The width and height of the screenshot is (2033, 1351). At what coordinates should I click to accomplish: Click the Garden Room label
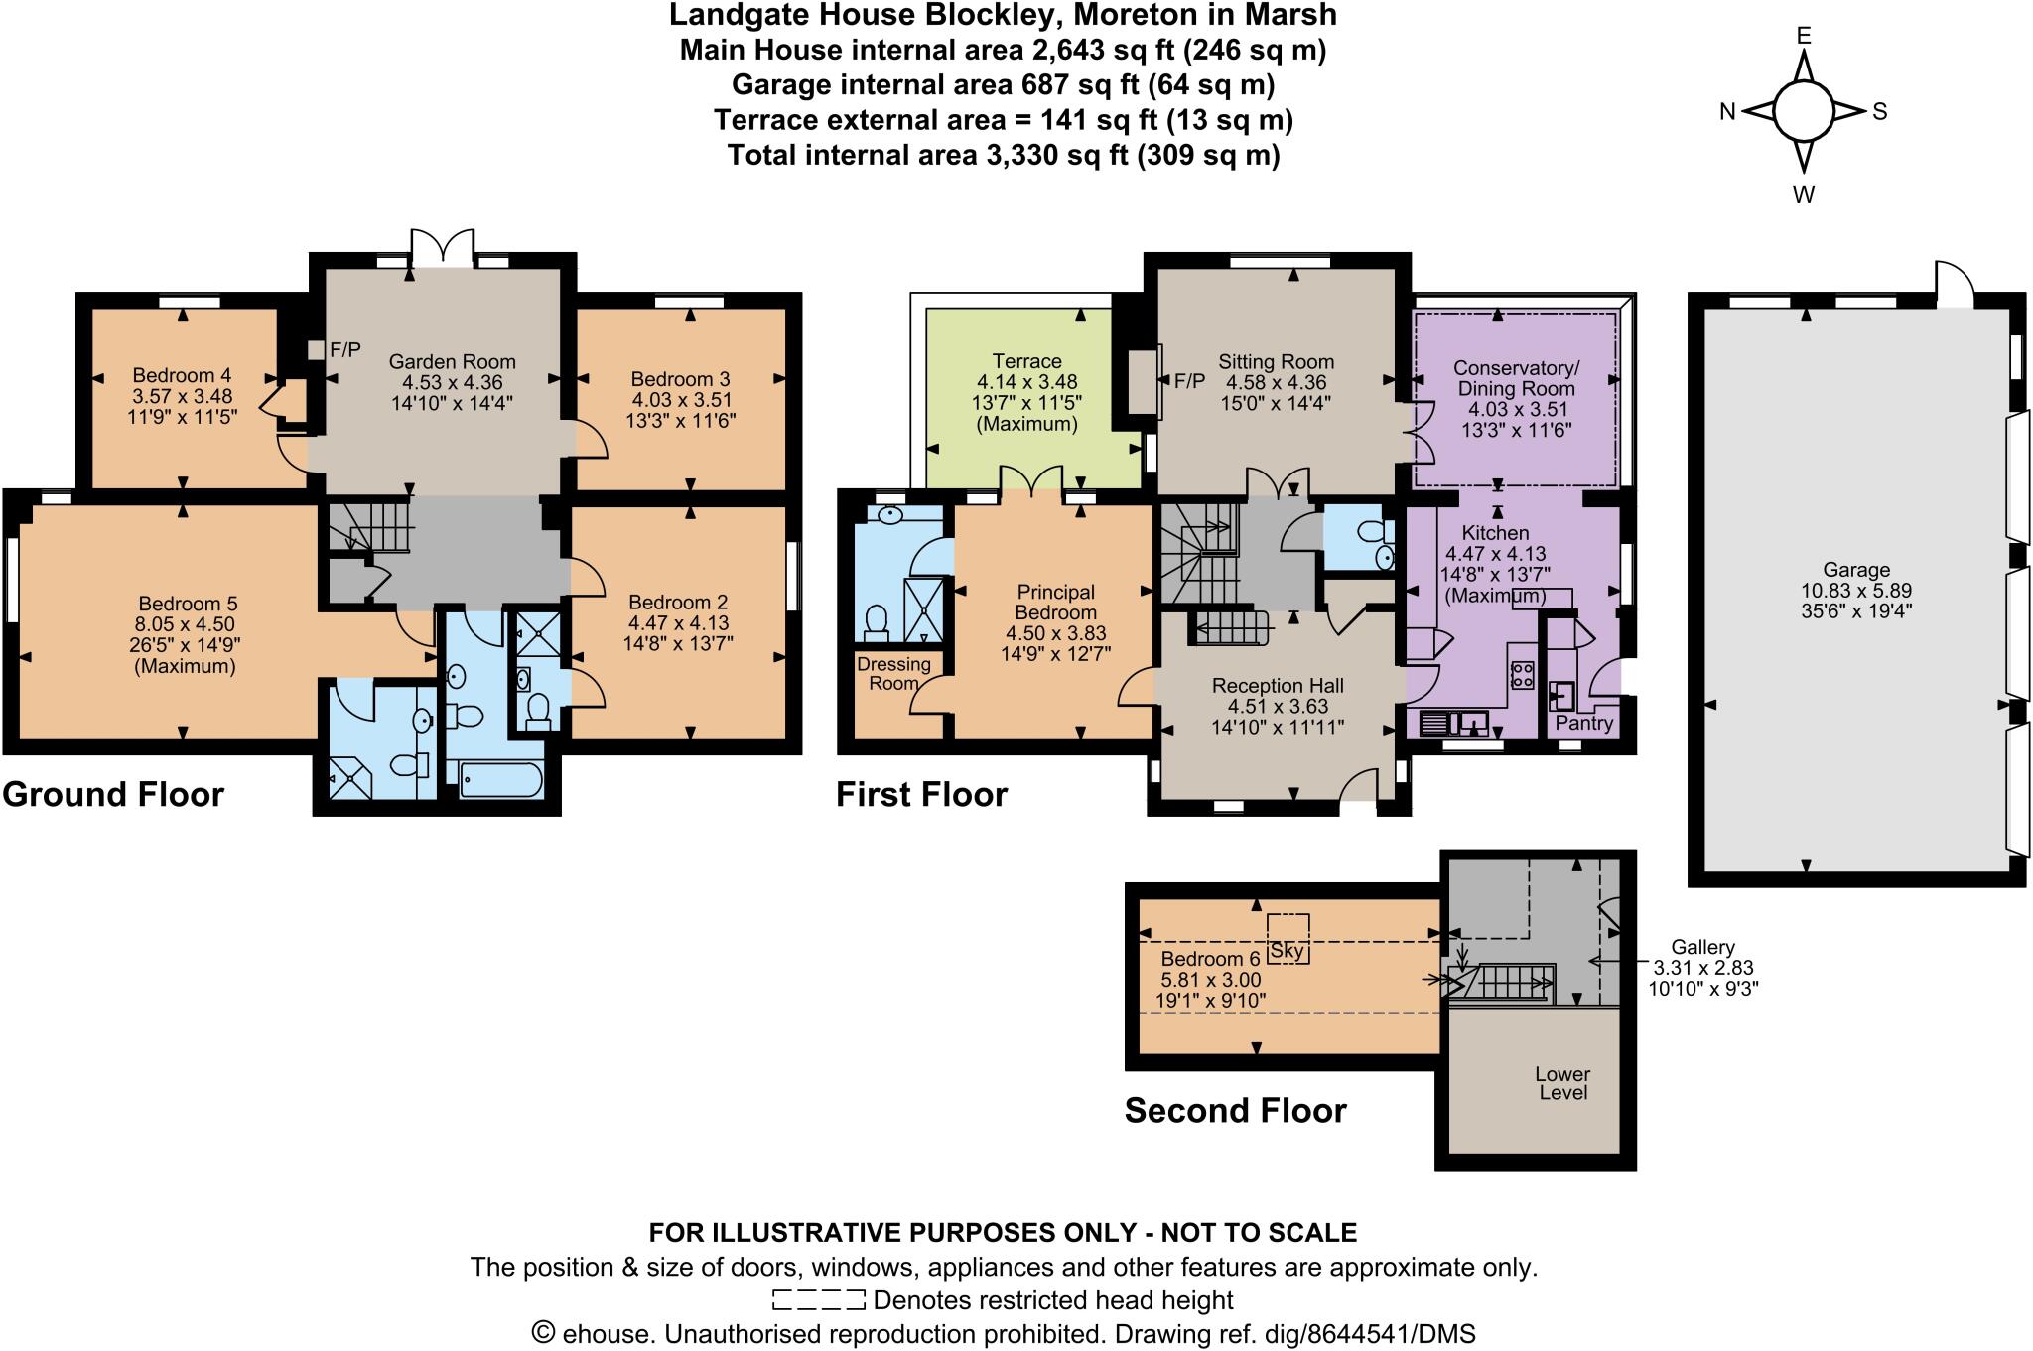(452, 362)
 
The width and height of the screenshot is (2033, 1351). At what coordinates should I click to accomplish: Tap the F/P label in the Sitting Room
(1189, 381)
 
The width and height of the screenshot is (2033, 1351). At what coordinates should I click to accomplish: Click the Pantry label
(1583, 723)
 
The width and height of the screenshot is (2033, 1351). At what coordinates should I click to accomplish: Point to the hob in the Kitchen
(1522, 676)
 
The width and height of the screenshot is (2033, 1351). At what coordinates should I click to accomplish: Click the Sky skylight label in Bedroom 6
(1287, 950)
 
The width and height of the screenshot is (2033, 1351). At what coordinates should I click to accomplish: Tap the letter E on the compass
(1804, 37)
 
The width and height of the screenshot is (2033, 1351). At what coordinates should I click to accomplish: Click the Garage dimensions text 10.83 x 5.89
(1855, 591)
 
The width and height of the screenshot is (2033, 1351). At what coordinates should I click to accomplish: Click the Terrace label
(1026, 361)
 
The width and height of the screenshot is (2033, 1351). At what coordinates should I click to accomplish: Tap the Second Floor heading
(1235, 1110)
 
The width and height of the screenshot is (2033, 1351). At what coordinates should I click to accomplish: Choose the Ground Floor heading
(113, 795)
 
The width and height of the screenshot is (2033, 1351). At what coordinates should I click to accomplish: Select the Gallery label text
(1702, 948)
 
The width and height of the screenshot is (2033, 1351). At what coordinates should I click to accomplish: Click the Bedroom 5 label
(188, 604)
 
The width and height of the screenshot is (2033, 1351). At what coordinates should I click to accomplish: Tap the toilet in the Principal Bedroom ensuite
(876, 620)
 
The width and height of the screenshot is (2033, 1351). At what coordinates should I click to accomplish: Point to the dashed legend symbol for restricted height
(818, 1299)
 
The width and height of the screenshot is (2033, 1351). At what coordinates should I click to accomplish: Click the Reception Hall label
(1278, 686)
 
